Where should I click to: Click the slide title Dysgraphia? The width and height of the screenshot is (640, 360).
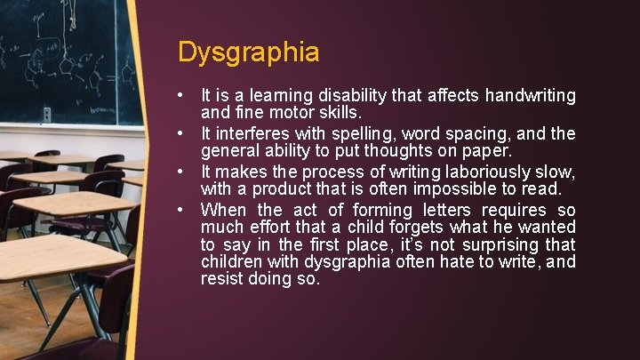pos(248,52)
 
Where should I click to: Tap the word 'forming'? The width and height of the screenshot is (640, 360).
pos(383,211)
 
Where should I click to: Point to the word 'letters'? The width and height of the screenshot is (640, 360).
pos(452,211)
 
